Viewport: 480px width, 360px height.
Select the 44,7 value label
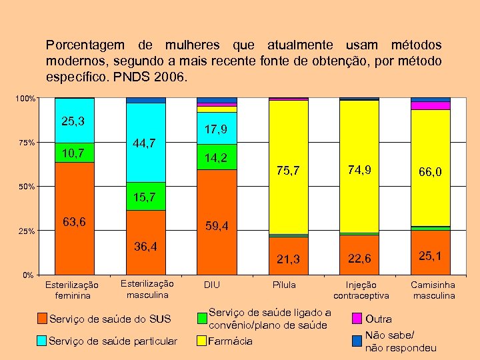tap(145, 143)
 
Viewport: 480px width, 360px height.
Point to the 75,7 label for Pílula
tap(288, 171)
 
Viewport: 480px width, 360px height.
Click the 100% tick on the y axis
tap(25, 99)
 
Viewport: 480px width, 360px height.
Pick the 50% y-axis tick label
tap(25, 187)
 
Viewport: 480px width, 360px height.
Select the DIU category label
tap(212, 285)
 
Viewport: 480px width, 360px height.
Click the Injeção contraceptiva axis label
tap(361, 289)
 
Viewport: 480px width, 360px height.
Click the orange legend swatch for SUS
tap(42, 318)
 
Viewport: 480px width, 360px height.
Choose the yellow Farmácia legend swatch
tap(202, 341)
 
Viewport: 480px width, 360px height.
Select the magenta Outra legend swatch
tap(357, 318)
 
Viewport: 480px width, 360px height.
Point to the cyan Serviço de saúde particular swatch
tap(42, 341)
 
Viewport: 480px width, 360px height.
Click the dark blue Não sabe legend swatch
tap(357, 341)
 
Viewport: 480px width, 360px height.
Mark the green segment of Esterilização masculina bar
tap(146, 196)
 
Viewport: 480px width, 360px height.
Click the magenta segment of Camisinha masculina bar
tap(431, 105)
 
